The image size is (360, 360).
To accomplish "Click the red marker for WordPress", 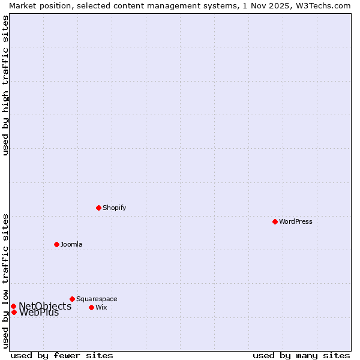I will point(275,221).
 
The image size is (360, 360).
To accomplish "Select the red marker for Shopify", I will point(98,208).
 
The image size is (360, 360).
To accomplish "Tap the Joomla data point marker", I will point(56,244).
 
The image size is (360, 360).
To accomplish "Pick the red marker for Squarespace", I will point(72,299).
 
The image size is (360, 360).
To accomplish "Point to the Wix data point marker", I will point(91,307).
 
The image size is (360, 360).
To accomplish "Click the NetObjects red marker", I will point(13,306).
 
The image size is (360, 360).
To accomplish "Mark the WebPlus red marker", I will point(14,312).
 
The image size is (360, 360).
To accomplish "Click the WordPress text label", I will point(295,221).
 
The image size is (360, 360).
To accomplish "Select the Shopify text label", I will point(114,208).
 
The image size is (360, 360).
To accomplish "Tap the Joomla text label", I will point(71,244).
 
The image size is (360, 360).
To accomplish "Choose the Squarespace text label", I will point(97,299).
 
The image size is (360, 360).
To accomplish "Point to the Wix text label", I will point(101,307).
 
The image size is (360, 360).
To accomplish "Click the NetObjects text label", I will point(45,306).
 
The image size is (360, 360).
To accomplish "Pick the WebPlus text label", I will point(39,313).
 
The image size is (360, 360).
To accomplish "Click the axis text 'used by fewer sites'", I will point(62,355).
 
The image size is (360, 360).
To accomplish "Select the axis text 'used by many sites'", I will point(301,355).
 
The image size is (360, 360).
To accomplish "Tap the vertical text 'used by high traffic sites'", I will point(5,85).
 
